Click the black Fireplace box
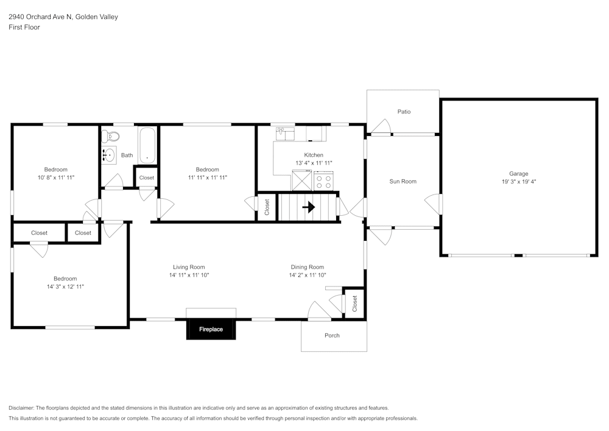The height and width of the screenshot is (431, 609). click(x=211, y=329)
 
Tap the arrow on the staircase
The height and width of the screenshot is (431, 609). click(x=308, y=207)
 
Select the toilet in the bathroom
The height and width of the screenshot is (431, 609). click(x=106, y=136)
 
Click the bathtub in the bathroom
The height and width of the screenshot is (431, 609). click(x=147, y=145)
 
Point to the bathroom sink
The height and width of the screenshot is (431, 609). click(x=108, y=155)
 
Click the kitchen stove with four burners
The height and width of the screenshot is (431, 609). click(x=323, y=181)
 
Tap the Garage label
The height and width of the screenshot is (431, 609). click(x=519, y=174)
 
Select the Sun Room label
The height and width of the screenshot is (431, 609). click(x=403, y=181)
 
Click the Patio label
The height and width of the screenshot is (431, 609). click(x=404, y=112)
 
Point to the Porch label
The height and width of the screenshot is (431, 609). click(x=332, y=335)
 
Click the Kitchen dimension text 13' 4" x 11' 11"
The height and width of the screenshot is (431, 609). click(x=314, y=163)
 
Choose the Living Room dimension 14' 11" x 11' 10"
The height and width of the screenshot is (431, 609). click(x=189, y=275)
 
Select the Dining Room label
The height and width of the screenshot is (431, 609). click(x=307, y=267)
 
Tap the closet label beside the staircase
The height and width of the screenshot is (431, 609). click(x=267, y=207)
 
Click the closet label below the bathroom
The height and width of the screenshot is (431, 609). click(x=147, y=178)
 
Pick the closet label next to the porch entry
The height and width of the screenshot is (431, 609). click(x=354, y=304)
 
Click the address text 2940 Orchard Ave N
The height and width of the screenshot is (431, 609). click(x=40, y=17)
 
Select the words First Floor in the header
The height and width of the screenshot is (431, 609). click(x=24, y=27)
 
